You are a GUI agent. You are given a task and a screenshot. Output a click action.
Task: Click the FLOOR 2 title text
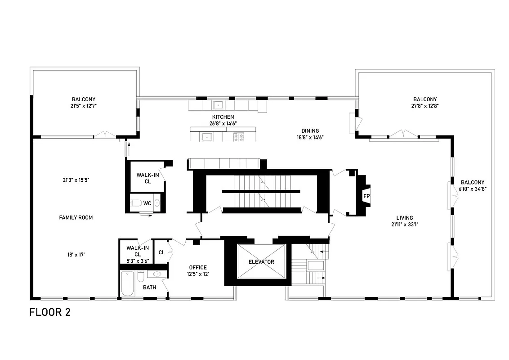point(50,312)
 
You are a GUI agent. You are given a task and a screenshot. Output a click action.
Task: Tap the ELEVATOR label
point(261,261)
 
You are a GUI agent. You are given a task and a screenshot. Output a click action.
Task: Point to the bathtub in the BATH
point(127,284)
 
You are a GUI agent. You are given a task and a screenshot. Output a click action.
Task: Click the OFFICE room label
point(198,267)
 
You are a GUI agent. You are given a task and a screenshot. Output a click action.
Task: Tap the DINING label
point(310,131)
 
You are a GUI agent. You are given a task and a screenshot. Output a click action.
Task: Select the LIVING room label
point(402,218)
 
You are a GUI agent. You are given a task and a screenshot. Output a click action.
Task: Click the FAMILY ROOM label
point(76,217)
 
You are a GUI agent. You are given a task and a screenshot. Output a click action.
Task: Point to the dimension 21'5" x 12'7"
point(84,106)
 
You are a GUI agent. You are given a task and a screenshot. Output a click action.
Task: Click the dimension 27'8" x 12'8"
point(425,106)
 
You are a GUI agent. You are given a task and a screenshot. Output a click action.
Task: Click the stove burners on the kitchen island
point(238,136)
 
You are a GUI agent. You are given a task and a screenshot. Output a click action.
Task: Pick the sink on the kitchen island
point(207,136)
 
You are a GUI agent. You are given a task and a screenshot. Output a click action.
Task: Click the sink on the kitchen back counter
point(219,105)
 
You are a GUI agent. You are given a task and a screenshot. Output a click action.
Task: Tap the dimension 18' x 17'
point(76,254)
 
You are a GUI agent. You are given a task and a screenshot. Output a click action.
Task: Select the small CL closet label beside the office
point(161,252)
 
